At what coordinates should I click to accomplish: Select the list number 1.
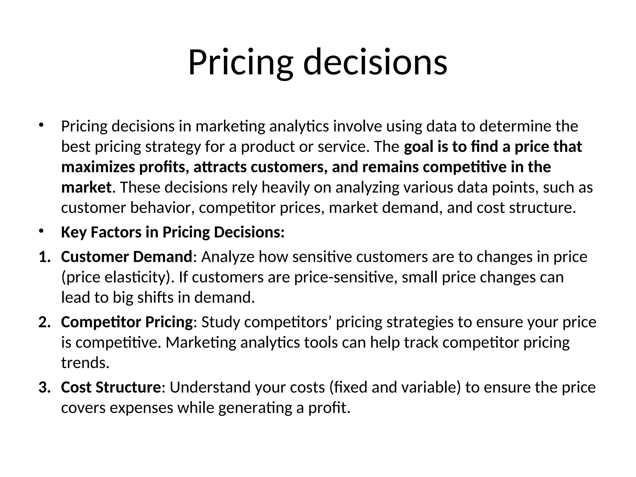click(44, 257)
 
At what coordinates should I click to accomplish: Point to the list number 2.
click(44, 322)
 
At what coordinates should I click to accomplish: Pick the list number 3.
click(44, 388)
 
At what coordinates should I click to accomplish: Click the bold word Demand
click(163, 257)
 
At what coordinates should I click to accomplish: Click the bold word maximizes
click(98, 167)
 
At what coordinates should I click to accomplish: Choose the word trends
click(85, 363)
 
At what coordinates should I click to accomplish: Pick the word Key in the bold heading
click(74, 233)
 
